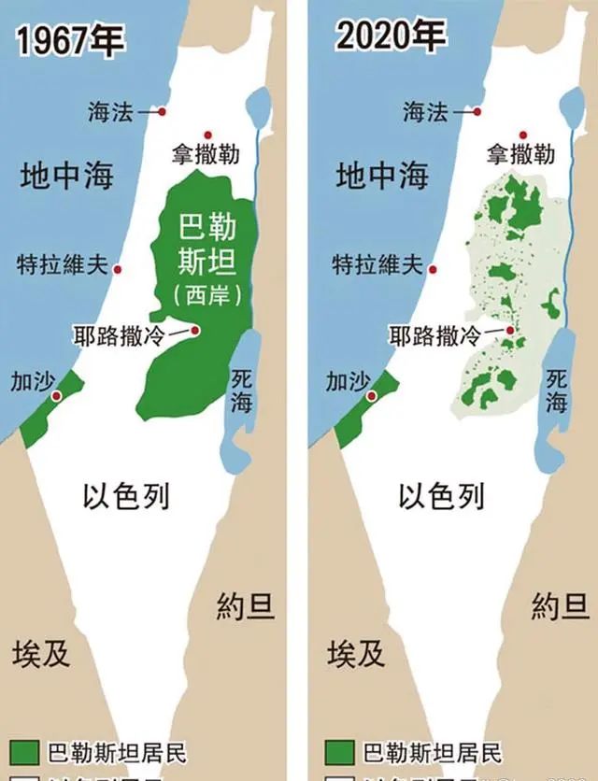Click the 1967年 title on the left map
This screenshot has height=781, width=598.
pos(71,41)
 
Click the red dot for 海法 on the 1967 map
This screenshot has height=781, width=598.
pos(162,112)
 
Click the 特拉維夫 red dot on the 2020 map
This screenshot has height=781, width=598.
pos(433,269)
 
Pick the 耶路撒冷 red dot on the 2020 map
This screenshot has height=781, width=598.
pos(511,329)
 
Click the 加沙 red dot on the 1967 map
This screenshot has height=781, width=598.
pos(57,397)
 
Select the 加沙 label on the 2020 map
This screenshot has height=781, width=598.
pos(348,381)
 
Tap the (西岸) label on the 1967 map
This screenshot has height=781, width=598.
pos(207,295)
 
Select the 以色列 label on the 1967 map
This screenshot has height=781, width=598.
pos(126,496)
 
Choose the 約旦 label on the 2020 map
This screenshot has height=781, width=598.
pos(560,607)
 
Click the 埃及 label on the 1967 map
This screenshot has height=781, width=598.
pos(42,652)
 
